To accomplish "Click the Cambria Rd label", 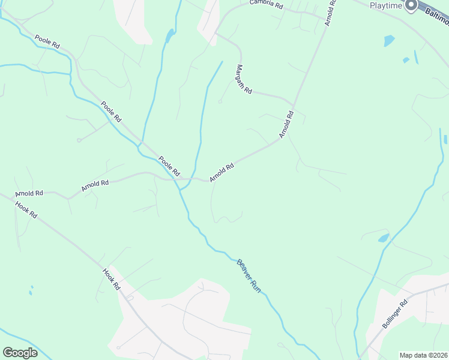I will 267,4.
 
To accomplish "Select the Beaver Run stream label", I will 249,275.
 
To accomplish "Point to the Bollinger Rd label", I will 394,314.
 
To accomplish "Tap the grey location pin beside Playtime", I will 411,5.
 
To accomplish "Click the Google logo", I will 20,352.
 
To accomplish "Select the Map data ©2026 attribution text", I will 424,355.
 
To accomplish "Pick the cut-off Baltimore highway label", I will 436,16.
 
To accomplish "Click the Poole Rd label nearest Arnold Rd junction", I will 169,166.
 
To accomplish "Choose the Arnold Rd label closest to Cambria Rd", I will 330,13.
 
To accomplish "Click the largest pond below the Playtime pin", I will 389,41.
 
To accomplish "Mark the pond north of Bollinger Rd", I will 384,238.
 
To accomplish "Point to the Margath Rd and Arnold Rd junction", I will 294,104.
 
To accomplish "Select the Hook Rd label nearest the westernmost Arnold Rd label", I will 26,210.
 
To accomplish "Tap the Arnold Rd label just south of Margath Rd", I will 287,124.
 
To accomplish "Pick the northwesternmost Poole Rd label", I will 47,41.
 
